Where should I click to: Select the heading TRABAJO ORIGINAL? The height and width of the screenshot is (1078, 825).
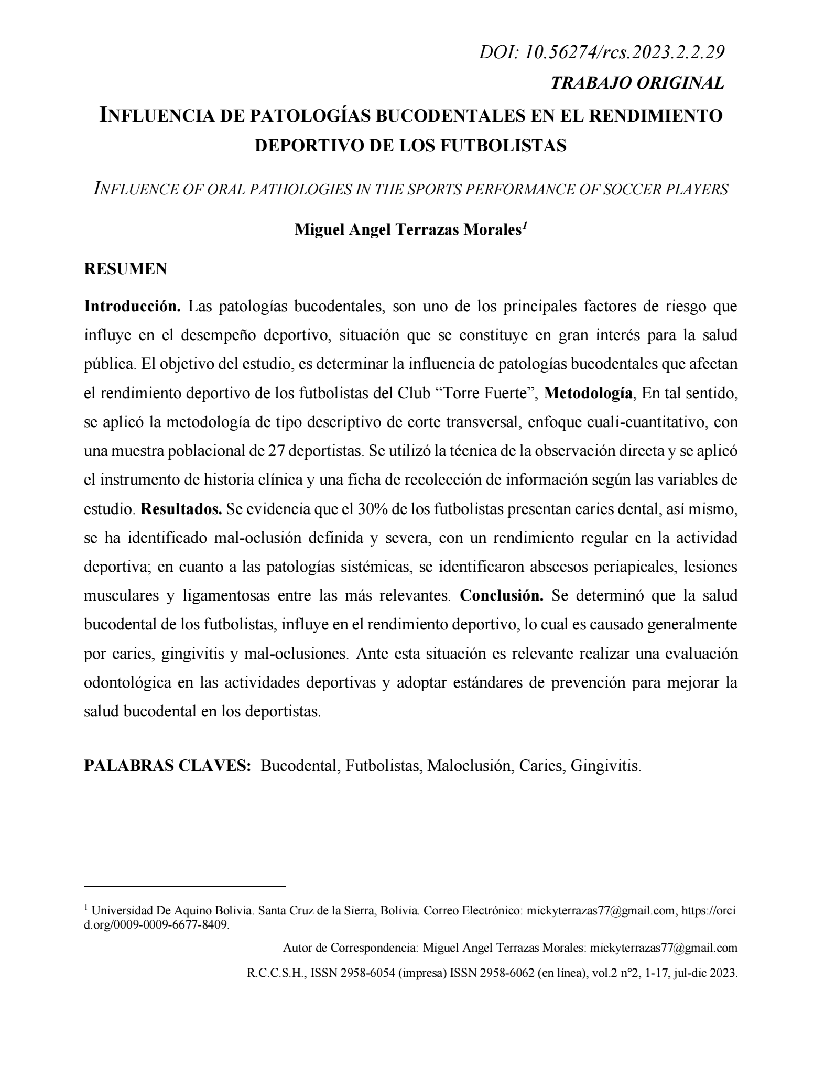(x=637, y=83)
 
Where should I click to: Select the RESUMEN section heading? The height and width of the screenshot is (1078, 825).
(x=125, y=269)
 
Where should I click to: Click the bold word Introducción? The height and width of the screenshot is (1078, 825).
(x=133, y=306)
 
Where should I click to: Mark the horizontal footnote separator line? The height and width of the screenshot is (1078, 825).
(x=184, y=887)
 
